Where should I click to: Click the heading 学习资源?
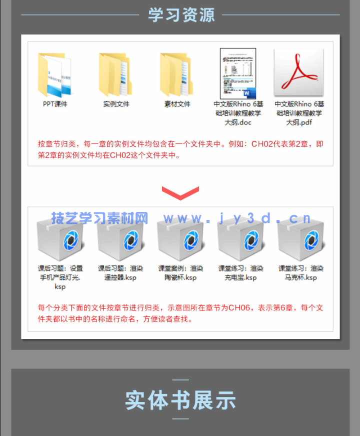pos(181,15)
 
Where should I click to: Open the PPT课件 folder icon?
pos(54,75)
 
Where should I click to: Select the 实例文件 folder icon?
pos(116,75)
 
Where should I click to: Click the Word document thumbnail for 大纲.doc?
pos(238,73)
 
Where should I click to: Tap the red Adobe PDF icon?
pos(299,73)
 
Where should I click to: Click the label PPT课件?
pos(55,104)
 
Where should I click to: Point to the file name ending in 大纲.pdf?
pos(299,113)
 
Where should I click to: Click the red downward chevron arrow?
pos(180,192)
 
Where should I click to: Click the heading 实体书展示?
pos(180,400)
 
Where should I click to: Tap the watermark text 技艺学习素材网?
pos(99,218)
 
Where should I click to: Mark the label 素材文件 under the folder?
pos(177,104)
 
